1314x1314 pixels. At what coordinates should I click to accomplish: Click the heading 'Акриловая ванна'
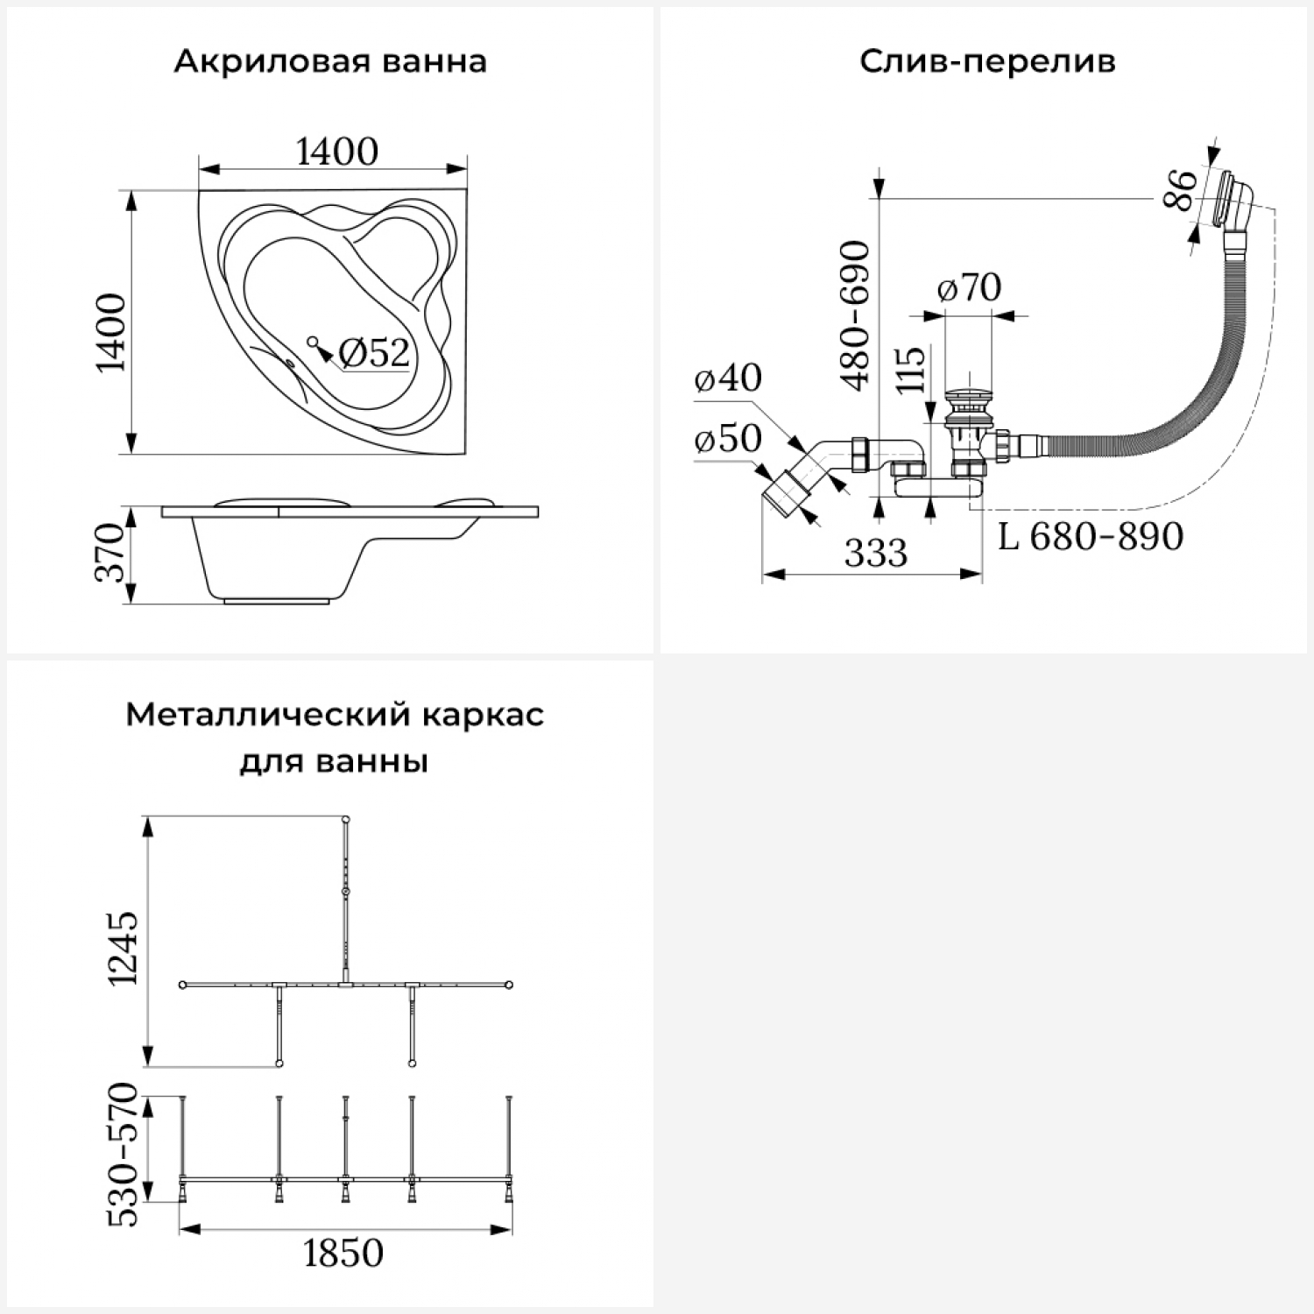[x=330, y=62]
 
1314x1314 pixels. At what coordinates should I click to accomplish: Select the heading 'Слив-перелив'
[x=987, y=62]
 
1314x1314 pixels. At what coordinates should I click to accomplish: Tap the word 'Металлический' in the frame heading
[x=256, y=715]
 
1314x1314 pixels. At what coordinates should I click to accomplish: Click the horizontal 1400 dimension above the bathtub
[x=337, y=152]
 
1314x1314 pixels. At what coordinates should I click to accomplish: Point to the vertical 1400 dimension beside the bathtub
[x=112, y=333]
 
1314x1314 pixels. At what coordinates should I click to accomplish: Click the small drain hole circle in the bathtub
[x=312, y=340]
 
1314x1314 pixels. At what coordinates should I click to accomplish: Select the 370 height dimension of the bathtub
[x=111, y=552]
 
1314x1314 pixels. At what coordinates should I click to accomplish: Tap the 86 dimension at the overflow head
[x=1179, y=190]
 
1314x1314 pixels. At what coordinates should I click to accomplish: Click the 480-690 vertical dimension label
[x=855, y=314]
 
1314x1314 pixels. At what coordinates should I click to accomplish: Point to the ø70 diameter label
[x=969, y=286]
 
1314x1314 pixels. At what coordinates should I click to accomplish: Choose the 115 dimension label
[x=911, y=370]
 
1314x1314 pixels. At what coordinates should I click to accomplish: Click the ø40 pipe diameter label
[x=727, y=378]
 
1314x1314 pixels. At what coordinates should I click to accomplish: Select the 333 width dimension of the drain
[x=876, y=553]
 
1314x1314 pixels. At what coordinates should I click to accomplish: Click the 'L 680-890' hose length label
[x=1091, y=536]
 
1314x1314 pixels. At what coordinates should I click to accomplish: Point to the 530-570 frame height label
[x=123, y=1155]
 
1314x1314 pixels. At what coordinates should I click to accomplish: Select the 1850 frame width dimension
[x=343, y=1254]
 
